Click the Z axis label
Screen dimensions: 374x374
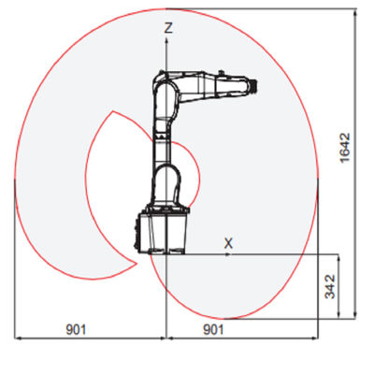point(168,28)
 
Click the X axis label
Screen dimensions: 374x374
point(228,243)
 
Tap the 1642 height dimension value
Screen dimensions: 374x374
point(345,148)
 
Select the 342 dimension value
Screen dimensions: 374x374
point(330,286)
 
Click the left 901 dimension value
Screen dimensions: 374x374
point(76,329)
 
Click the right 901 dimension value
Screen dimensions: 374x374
point(213,329)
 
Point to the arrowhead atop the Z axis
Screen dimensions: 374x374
point(166,40)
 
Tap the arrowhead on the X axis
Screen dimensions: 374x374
point(228,254)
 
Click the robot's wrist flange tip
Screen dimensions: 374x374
point(254,86)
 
